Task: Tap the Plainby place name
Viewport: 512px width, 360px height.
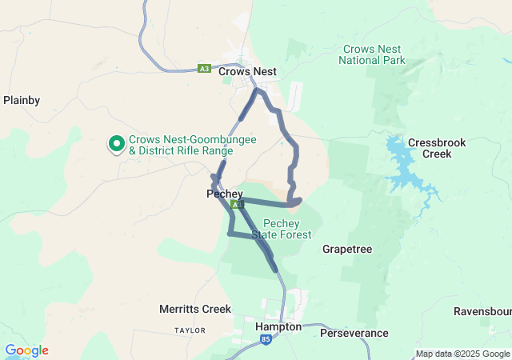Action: tap(22, 101)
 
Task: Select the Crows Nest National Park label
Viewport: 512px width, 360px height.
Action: tap(372, 54)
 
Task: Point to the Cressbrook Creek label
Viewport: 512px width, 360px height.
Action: tap(430, 148)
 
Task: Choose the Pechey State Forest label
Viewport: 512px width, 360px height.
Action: tap(281, 229)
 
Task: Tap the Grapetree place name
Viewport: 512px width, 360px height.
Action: tap(347, 250)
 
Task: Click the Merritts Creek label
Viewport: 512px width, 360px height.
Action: tap(195, 309)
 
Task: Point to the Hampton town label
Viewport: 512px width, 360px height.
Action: tap(278, 327)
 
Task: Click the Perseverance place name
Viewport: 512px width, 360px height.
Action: tap(354, 333)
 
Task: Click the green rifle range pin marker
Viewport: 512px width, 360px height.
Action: tap(116, 144)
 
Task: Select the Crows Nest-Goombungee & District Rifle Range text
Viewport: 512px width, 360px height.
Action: tap(181, 145)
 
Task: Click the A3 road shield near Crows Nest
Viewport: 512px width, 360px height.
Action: tap(206, 70)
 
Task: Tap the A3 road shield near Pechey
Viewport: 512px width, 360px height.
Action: tap(237, 206)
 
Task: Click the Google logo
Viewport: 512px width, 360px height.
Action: tap(26, 350)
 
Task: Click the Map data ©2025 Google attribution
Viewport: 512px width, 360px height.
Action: tap(462, 354)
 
